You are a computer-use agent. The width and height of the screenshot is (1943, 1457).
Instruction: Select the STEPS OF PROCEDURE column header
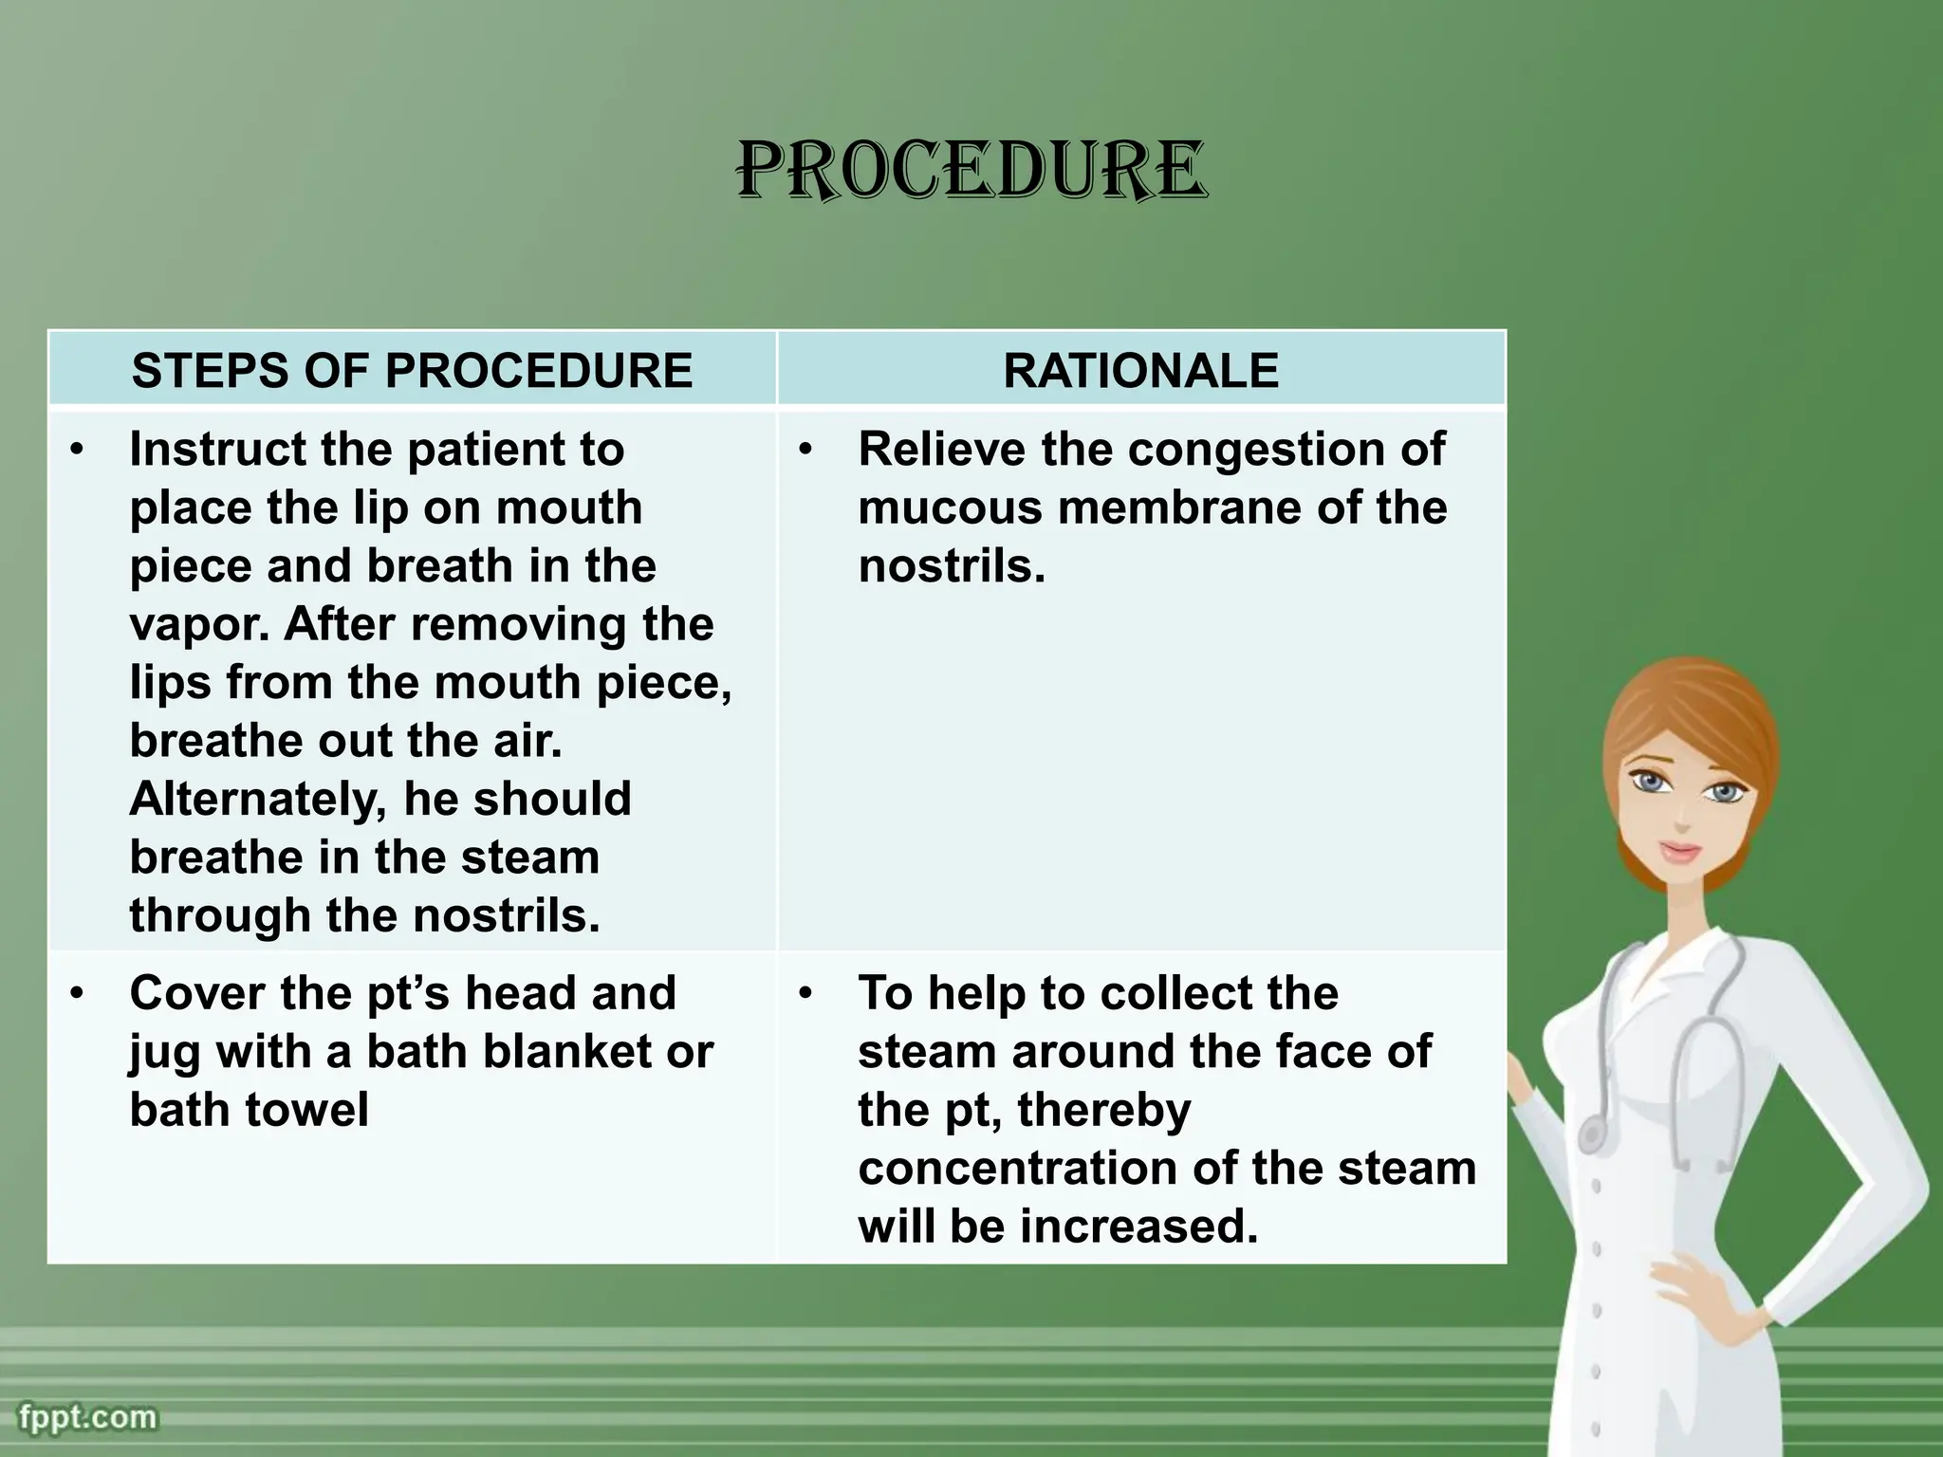click(412, 370)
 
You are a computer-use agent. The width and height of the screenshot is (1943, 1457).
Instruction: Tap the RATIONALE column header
click(1140, 370)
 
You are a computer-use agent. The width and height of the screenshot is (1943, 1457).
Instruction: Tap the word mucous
click(951, 507)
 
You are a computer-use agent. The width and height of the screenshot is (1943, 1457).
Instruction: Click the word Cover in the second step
click(195, 993)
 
